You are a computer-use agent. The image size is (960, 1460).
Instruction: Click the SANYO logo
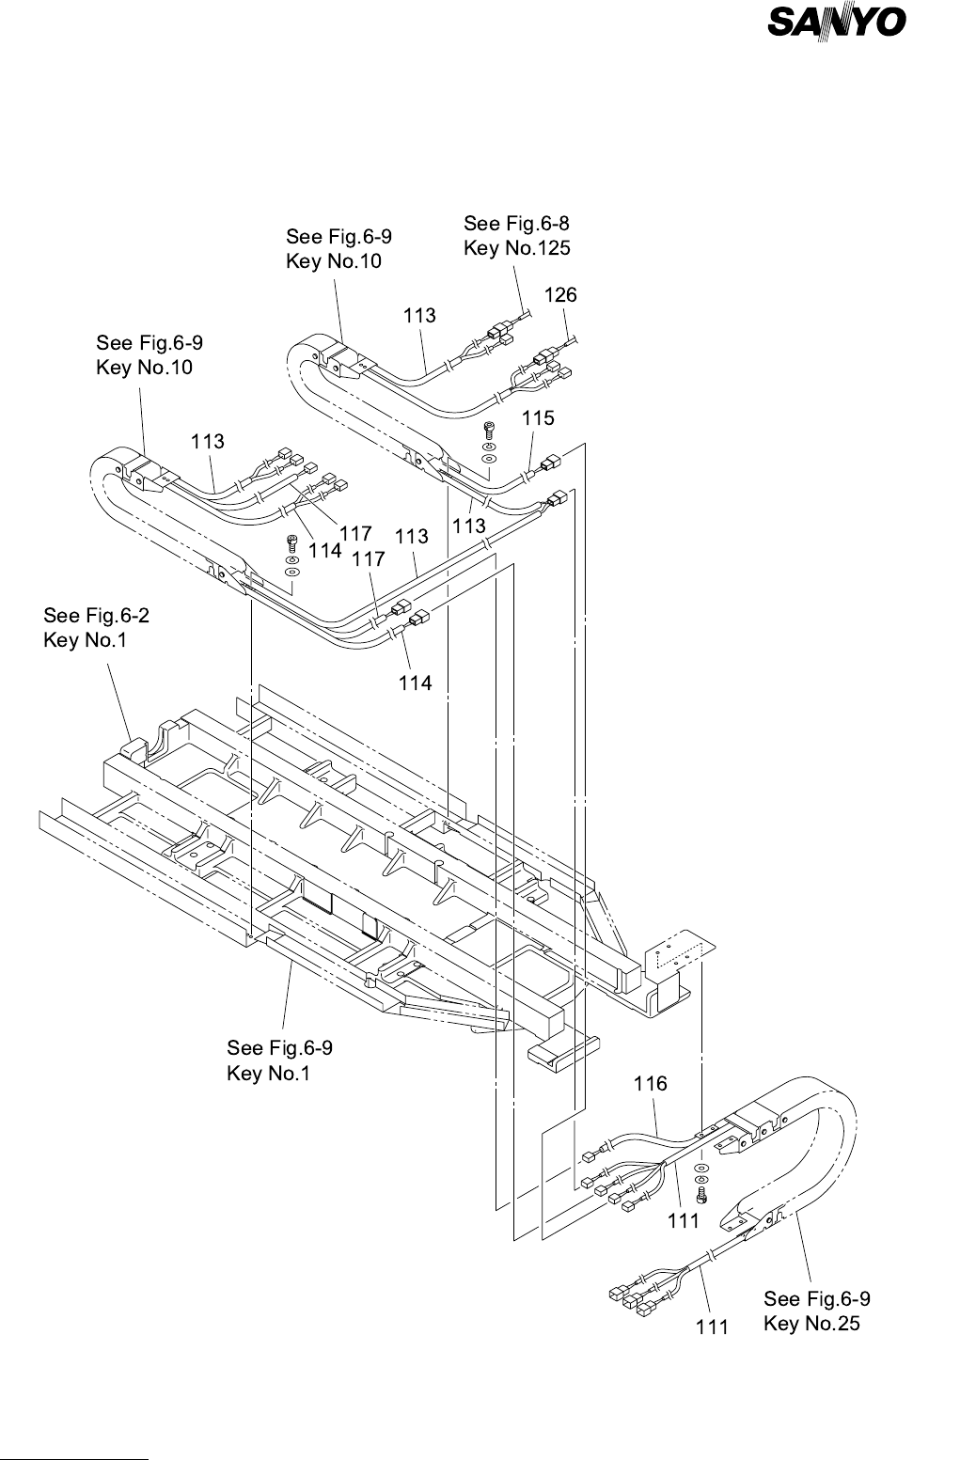coord(836,24)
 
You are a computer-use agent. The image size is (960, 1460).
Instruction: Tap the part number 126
coord(560,295)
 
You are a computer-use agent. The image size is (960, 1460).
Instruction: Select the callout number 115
coord(538,417)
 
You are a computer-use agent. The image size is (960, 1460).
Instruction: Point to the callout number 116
coord(651,1083)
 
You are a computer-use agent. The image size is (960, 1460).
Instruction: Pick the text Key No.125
coord(517,248)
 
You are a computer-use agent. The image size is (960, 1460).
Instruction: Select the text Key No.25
coord(811,1323)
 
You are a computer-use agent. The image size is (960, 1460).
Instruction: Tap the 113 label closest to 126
coord(419,316)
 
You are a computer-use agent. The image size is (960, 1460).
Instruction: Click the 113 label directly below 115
coord(469,526)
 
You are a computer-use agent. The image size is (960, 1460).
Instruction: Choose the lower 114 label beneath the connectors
coord(416,683)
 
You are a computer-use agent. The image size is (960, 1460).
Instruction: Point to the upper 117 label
coord(355,534)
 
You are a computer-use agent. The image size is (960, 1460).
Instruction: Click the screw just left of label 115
coord(489,430)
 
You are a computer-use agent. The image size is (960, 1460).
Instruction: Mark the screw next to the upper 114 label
coord(292,543)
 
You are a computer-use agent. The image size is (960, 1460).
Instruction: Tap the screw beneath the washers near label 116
coord(701,1195)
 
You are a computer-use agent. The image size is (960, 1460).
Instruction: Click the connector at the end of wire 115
coord(551,463)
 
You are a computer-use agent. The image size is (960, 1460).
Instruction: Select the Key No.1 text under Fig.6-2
coord(85,640)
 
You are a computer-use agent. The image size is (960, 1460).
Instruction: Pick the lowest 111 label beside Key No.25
coord(712,1327)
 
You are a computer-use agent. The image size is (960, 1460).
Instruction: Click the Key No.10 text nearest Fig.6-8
coord(334,261)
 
